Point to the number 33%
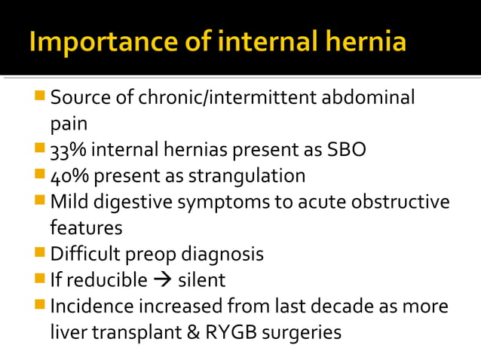click(x=66, y=151)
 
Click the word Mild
click(x=69, y=202)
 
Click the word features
click(x=87, y=227)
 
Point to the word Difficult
click(x=84, y=254)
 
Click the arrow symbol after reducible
click(x=162, y=280)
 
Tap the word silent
click(x=201, y=280)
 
